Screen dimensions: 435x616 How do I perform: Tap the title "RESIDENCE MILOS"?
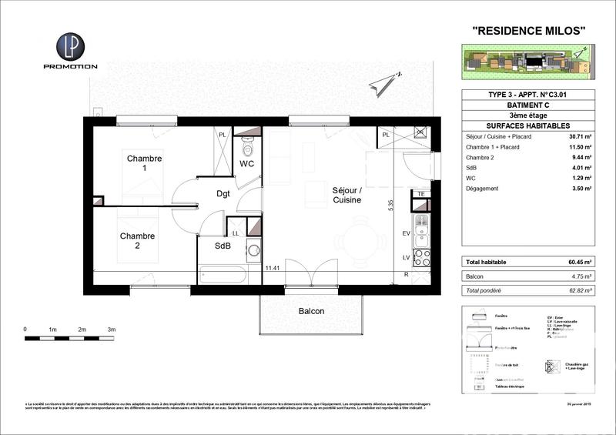(527, 31)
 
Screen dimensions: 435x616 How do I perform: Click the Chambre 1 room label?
(145, 163)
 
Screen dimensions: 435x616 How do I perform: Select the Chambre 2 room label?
(137, 241)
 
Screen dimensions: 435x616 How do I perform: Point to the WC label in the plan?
(246, 164)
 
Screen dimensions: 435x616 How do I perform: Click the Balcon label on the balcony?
(312, 311)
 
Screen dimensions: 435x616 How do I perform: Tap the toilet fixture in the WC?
(247, 146)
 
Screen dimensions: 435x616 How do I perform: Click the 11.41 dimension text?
(271, 269)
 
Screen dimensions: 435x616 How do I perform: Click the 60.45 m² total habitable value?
(580, 263)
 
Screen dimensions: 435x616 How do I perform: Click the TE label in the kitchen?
(420, 194)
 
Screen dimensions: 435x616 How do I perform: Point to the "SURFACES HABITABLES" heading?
(527, 125)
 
